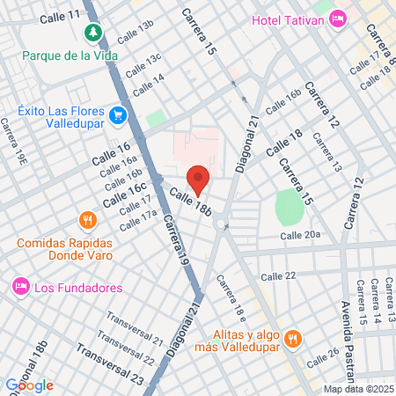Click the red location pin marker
click(198, 179)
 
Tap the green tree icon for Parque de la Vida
click(92, 33)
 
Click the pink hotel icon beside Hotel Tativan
click(337, 20)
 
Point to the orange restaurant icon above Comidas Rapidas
click(86, 220)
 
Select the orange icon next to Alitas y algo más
click(294, 338)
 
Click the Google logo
click(29, 385)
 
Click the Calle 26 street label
click(322, 358)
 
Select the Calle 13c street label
click(143, 65)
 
